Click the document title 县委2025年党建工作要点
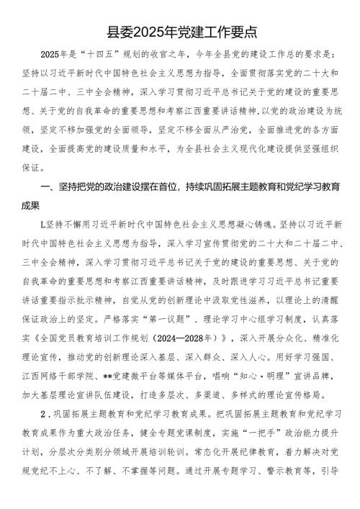pos(180,32)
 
